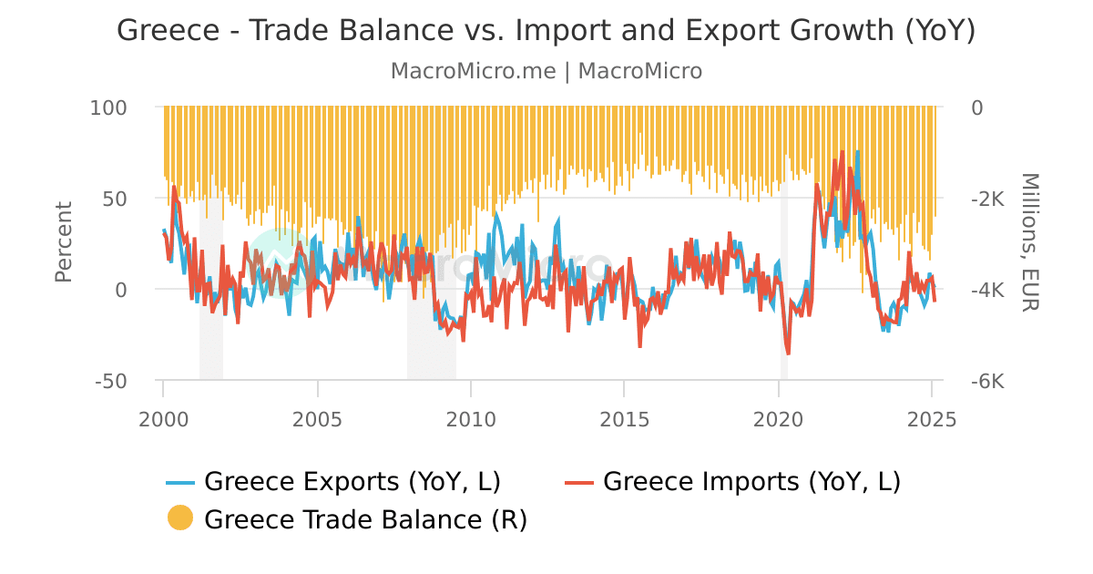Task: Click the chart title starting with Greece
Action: click(546, 31)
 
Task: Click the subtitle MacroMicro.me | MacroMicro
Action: click(546, 71)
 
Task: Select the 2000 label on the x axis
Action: click(164, 419)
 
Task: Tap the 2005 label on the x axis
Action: click(317, 419)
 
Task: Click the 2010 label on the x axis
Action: click(471, 419)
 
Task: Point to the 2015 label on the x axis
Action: click(624, 419)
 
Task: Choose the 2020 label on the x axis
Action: click(779, 419)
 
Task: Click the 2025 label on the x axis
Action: click(932, 419)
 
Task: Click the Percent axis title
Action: click(63, 242)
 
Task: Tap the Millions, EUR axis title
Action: click(1029, 242)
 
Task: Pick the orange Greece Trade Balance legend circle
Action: click(180, 518)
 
